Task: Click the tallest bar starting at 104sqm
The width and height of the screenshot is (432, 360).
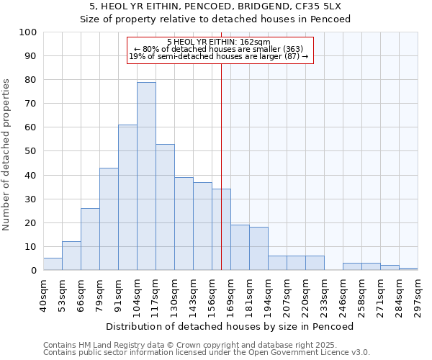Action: click(x=146, y=176)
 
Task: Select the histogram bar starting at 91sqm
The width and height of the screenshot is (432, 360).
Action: click(x=127, y=198)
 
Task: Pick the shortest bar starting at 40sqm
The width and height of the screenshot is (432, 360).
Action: click(x=53, y=264)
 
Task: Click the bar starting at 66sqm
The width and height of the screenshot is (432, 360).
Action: click(x=90, y=240)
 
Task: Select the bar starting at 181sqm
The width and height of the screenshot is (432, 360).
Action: click(x=258, y=249)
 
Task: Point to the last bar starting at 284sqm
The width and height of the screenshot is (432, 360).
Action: click(x=408, y=269)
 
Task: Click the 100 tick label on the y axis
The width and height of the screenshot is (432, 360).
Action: click(x=28, y=32)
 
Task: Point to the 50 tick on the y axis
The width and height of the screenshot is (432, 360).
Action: click(x=31, y=151)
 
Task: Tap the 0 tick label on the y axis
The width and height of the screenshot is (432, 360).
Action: click(x=34, y=271)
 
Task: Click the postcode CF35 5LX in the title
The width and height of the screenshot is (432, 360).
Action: click(x=320, y=6)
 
